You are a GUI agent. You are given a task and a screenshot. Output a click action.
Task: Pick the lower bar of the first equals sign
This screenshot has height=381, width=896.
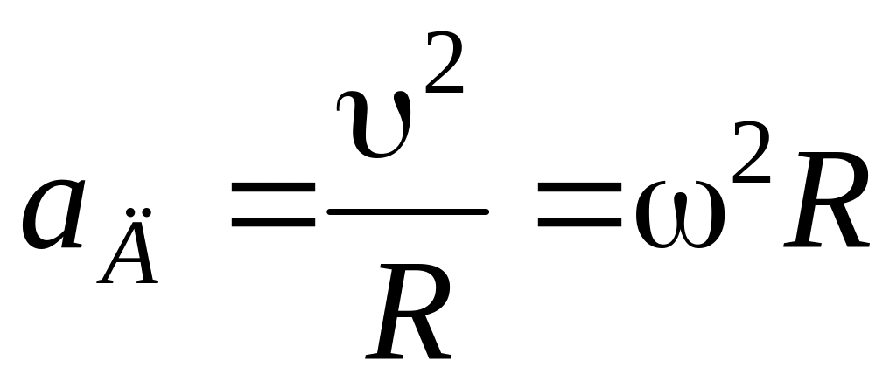(x=272, y=224)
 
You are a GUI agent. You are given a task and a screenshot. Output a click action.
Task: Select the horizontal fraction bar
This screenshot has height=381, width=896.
(x=407, y=211)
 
